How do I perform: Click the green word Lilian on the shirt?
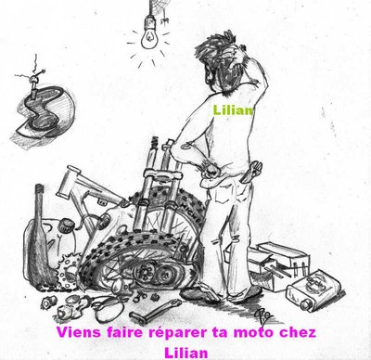coord(233,110)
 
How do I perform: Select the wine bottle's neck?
coord(39,201)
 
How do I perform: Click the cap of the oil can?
coord(305,304)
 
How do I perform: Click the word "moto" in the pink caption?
coord(252,333)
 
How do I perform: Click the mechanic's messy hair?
coord(216,62)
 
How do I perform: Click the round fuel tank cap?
coord(66,225)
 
